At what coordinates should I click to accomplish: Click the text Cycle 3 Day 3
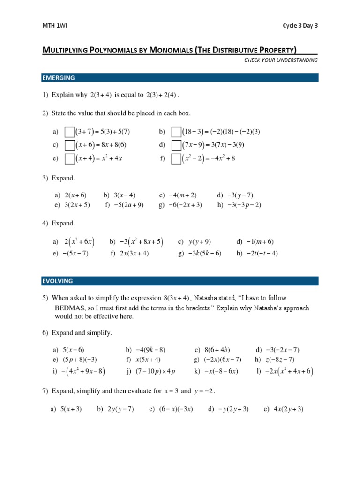300,26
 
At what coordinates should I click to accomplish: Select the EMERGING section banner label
59,78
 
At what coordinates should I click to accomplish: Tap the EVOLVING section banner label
58,281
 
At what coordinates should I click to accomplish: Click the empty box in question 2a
69,132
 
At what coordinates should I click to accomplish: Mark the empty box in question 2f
176,159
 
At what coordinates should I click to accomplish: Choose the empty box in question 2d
176,145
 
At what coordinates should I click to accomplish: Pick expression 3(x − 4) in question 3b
124,195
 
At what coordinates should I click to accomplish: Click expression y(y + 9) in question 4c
200,242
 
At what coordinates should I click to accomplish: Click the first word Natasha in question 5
206,298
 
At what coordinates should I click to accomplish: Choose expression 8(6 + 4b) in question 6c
217,350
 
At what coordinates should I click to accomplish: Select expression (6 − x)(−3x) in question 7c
176,409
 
